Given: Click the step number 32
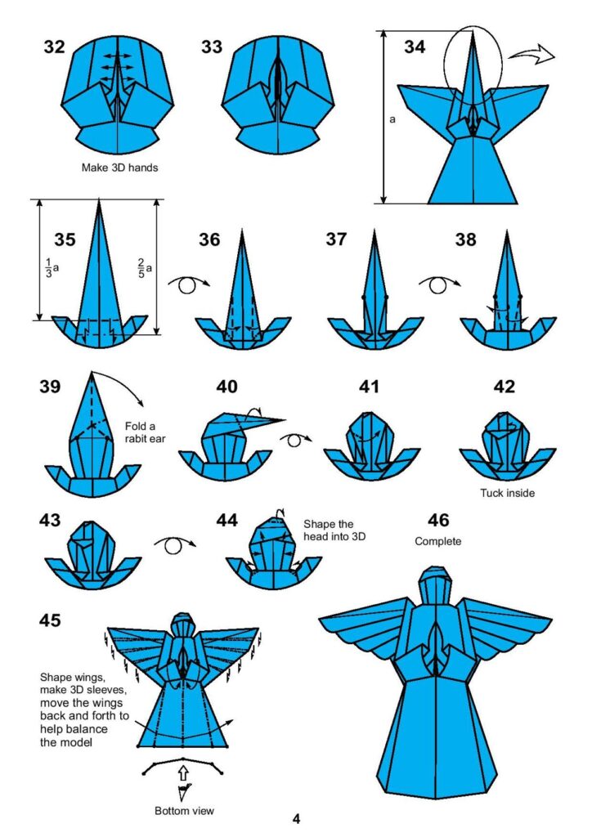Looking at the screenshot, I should (x=55, y=47).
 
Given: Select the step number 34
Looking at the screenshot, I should (x=415, y=47).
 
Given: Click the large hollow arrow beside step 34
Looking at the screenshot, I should (x=530, y=55).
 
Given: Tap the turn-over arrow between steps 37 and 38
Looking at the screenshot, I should (x=437, y=284).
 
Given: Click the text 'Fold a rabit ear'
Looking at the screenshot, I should (x=141, y=433).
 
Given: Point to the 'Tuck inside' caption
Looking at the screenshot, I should (x=506, y=493).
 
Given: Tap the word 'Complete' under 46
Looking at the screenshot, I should (x=438, y=541).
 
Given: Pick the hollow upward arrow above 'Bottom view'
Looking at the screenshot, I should (x=183, y=771).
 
